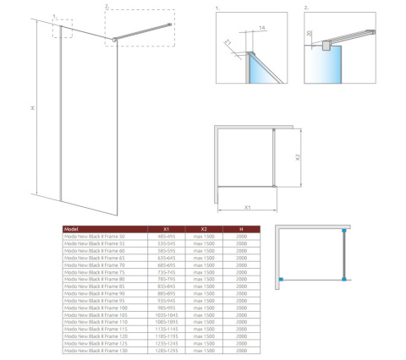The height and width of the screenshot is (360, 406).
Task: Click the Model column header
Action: [73, 228]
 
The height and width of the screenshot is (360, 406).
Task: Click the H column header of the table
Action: [242, 228]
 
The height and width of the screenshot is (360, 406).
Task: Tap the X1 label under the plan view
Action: [246, 205]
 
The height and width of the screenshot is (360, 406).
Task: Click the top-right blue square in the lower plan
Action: [343, 229]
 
